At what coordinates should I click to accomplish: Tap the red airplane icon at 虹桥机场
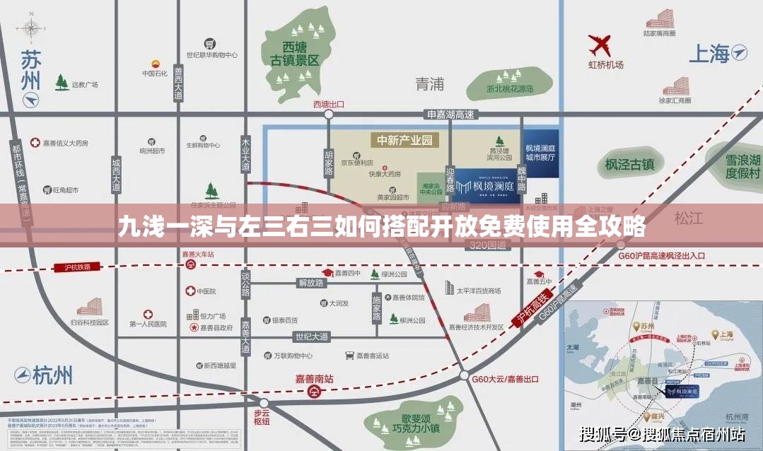click(600, 45)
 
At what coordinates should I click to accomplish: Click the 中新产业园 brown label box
click(404, 140)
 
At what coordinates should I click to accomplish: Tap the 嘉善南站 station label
click(314, 379)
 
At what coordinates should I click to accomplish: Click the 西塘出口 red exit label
click(328, 104)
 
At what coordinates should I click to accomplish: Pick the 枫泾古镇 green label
click(629, 165)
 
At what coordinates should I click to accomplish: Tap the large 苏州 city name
click(30, 69)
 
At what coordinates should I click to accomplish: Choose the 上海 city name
click(709, 54)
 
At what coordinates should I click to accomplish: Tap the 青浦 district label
click(429, 84)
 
